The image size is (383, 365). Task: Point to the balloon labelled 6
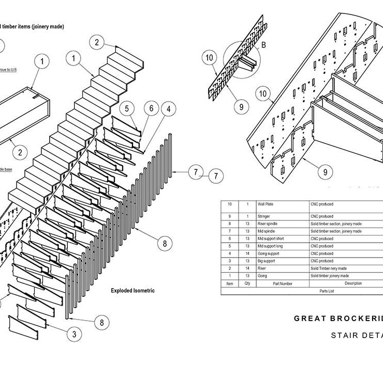[151, 109]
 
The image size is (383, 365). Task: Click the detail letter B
[263, 45]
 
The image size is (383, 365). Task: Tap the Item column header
[229, 283]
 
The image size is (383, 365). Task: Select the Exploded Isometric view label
[132, 291]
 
